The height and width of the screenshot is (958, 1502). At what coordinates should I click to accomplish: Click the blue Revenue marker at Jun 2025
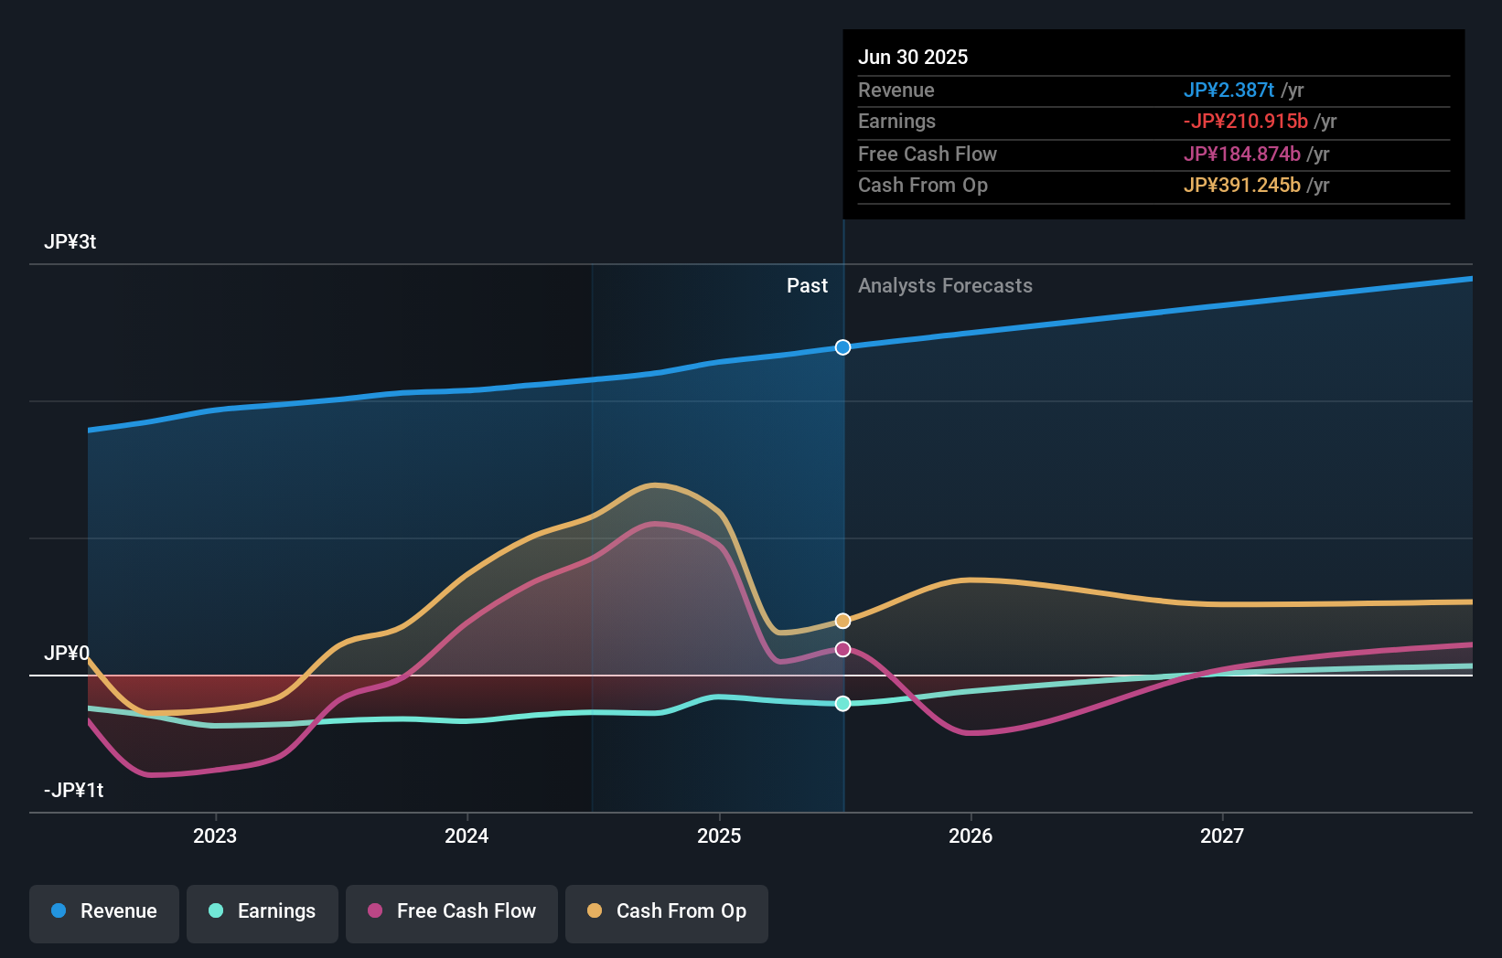[842, 347]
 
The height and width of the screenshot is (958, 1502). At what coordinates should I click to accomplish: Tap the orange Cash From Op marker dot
[842, 621]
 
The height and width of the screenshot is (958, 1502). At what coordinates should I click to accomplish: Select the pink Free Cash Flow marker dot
[842, 649]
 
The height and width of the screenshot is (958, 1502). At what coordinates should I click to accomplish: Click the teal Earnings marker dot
[842, 703]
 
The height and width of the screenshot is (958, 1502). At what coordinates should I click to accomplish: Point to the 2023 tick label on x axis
[215, 836]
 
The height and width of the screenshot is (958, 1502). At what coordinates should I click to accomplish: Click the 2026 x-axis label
[971, 836]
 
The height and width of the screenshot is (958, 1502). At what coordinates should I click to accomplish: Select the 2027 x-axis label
[1222, 836]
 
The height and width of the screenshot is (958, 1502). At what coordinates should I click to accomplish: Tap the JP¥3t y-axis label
[70, 242]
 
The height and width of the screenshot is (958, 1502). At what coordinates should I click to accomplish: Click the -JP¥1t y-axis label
[73, 790]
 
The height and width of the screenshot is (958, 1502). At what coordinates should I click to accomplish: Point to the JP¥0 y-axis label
[67, 653]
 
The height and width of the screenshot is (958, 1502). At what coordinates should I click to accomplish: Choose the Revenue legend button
[104, 911]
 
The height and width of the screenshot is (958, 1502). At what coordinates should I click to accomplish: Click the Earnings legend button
[263, 911]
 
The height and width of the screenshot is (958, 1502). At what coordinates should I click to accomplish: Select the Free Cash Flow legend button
[452, 911]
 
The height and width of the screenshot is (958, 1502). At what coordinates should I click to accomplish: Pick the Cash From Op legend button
[667, 911]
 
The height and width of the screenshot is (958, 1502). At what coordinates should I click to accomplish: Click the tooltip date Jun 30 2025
[913, 57]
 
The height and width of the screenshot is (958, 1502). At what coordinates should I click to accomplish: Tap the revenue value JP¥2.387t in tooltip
[1228, 90]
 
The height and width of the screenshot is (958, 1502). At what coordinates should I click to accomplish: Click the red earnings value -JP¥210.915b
[1245, 121]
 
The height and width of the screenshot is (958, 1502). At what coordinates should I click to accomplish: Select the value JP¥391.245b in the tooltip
[1241, 185]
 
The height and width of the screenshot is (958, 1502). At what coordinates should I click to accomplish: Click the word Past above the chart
[807, 285]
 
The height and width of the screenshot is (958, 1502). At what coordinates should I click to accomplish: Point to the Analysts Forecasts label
[945, 285]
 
